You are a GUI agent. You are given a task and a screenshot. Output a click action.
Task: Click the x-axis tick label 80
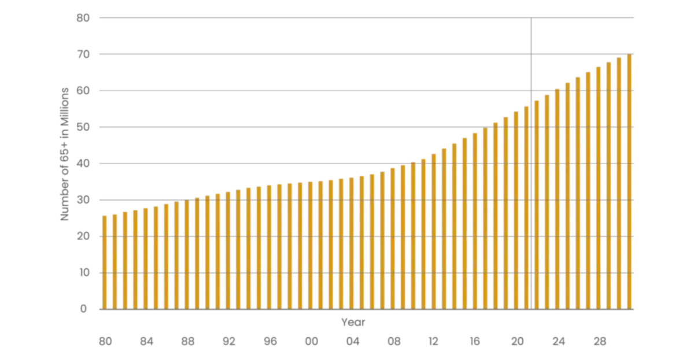105,342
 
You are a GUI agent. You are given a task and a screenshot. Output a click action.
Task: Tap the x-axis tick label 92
230,342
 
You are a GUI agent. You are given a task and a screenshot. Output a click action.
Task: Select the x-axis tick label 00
312,342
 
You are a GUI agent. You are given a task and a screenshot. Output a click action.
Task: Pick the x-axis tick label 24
558,342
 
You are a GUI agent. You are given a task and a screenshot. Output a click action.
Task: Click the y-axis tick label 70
84,54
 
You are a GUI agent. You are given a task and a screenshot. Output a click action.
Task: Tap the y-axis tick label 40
84,164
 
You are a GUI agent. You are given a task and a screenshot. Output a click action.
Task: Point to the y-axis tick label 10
84,272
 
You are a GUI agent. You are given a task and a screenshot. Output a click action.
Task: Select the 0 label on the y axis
84,309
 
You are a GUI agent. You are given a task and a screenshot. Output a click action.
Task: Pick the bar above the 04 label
351,243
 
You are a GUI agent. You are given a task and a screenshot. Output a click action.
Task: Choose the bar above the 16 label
475,220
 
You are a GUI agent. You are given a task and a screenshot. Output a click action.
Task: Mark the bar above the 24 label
557,199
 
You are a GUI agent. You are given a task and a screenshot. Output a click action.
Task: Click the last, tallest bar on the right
629,182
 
